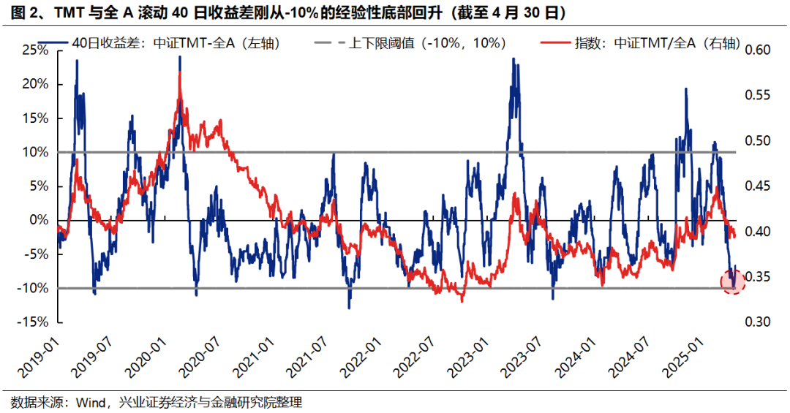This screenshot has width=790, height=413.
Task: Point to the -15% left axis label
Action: (x=34, y=322)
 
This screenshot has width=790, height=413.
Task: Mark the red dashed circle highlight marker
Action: (x=733, y=281)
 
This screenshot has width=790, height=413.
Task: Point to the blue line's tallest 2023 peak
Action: (x=513, y=59)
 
